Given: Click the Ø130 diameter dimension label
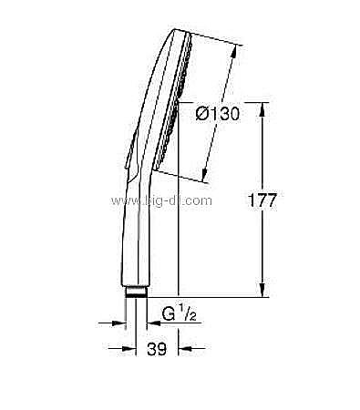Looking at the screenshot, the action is [x=218, y=114].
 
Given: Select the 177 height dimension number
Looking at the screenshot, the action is [x=262, y=200].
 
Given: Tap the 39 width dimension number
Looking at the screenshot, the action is [x=157, y=349].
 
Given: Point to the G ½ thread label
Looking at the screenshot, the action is [x=179, y=313].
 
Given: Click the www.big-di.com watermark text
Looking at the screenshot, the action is [x=161, y=200].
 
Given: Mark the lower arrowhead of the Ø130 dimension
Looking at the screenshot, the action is [x=205, y=175].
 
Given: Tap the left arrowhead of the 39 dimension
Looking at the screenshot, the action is [x=129, y=348].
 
